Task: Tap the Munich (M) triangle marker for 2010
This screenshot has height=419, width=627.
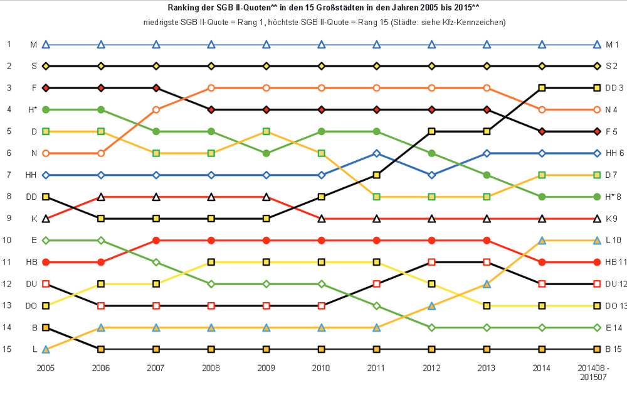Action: (322, 45)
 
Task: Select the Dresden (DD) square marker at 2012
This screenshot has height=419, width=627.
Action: (432, 131)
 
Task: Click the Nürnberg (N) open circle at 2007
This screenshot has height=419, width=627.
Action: (156, 110)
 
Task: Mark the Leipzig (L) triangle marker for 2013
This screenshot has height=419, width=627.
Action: (487, 284)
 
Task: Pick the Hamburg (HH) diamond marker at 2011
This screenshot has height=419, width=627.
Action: (377, 153)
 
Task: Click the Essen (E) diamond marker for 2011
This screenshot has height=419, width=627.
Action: (377, 306)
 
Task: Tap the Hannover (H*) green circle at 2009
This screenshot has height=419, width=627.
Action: (266, 153)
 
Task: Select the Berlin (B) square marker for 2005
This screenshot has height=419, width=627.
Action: (46, 327)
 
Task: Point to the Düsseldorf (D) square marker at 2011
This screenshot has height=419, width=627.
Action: (377, 197)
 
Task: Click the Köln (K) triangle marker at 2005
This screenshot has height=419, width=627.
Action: (46, 219)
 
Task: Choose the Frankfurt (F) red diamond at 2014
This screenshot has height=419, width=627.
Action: (542, 131)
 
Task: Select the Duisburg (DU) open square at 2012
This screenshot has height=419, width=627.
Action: (432, 262)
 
